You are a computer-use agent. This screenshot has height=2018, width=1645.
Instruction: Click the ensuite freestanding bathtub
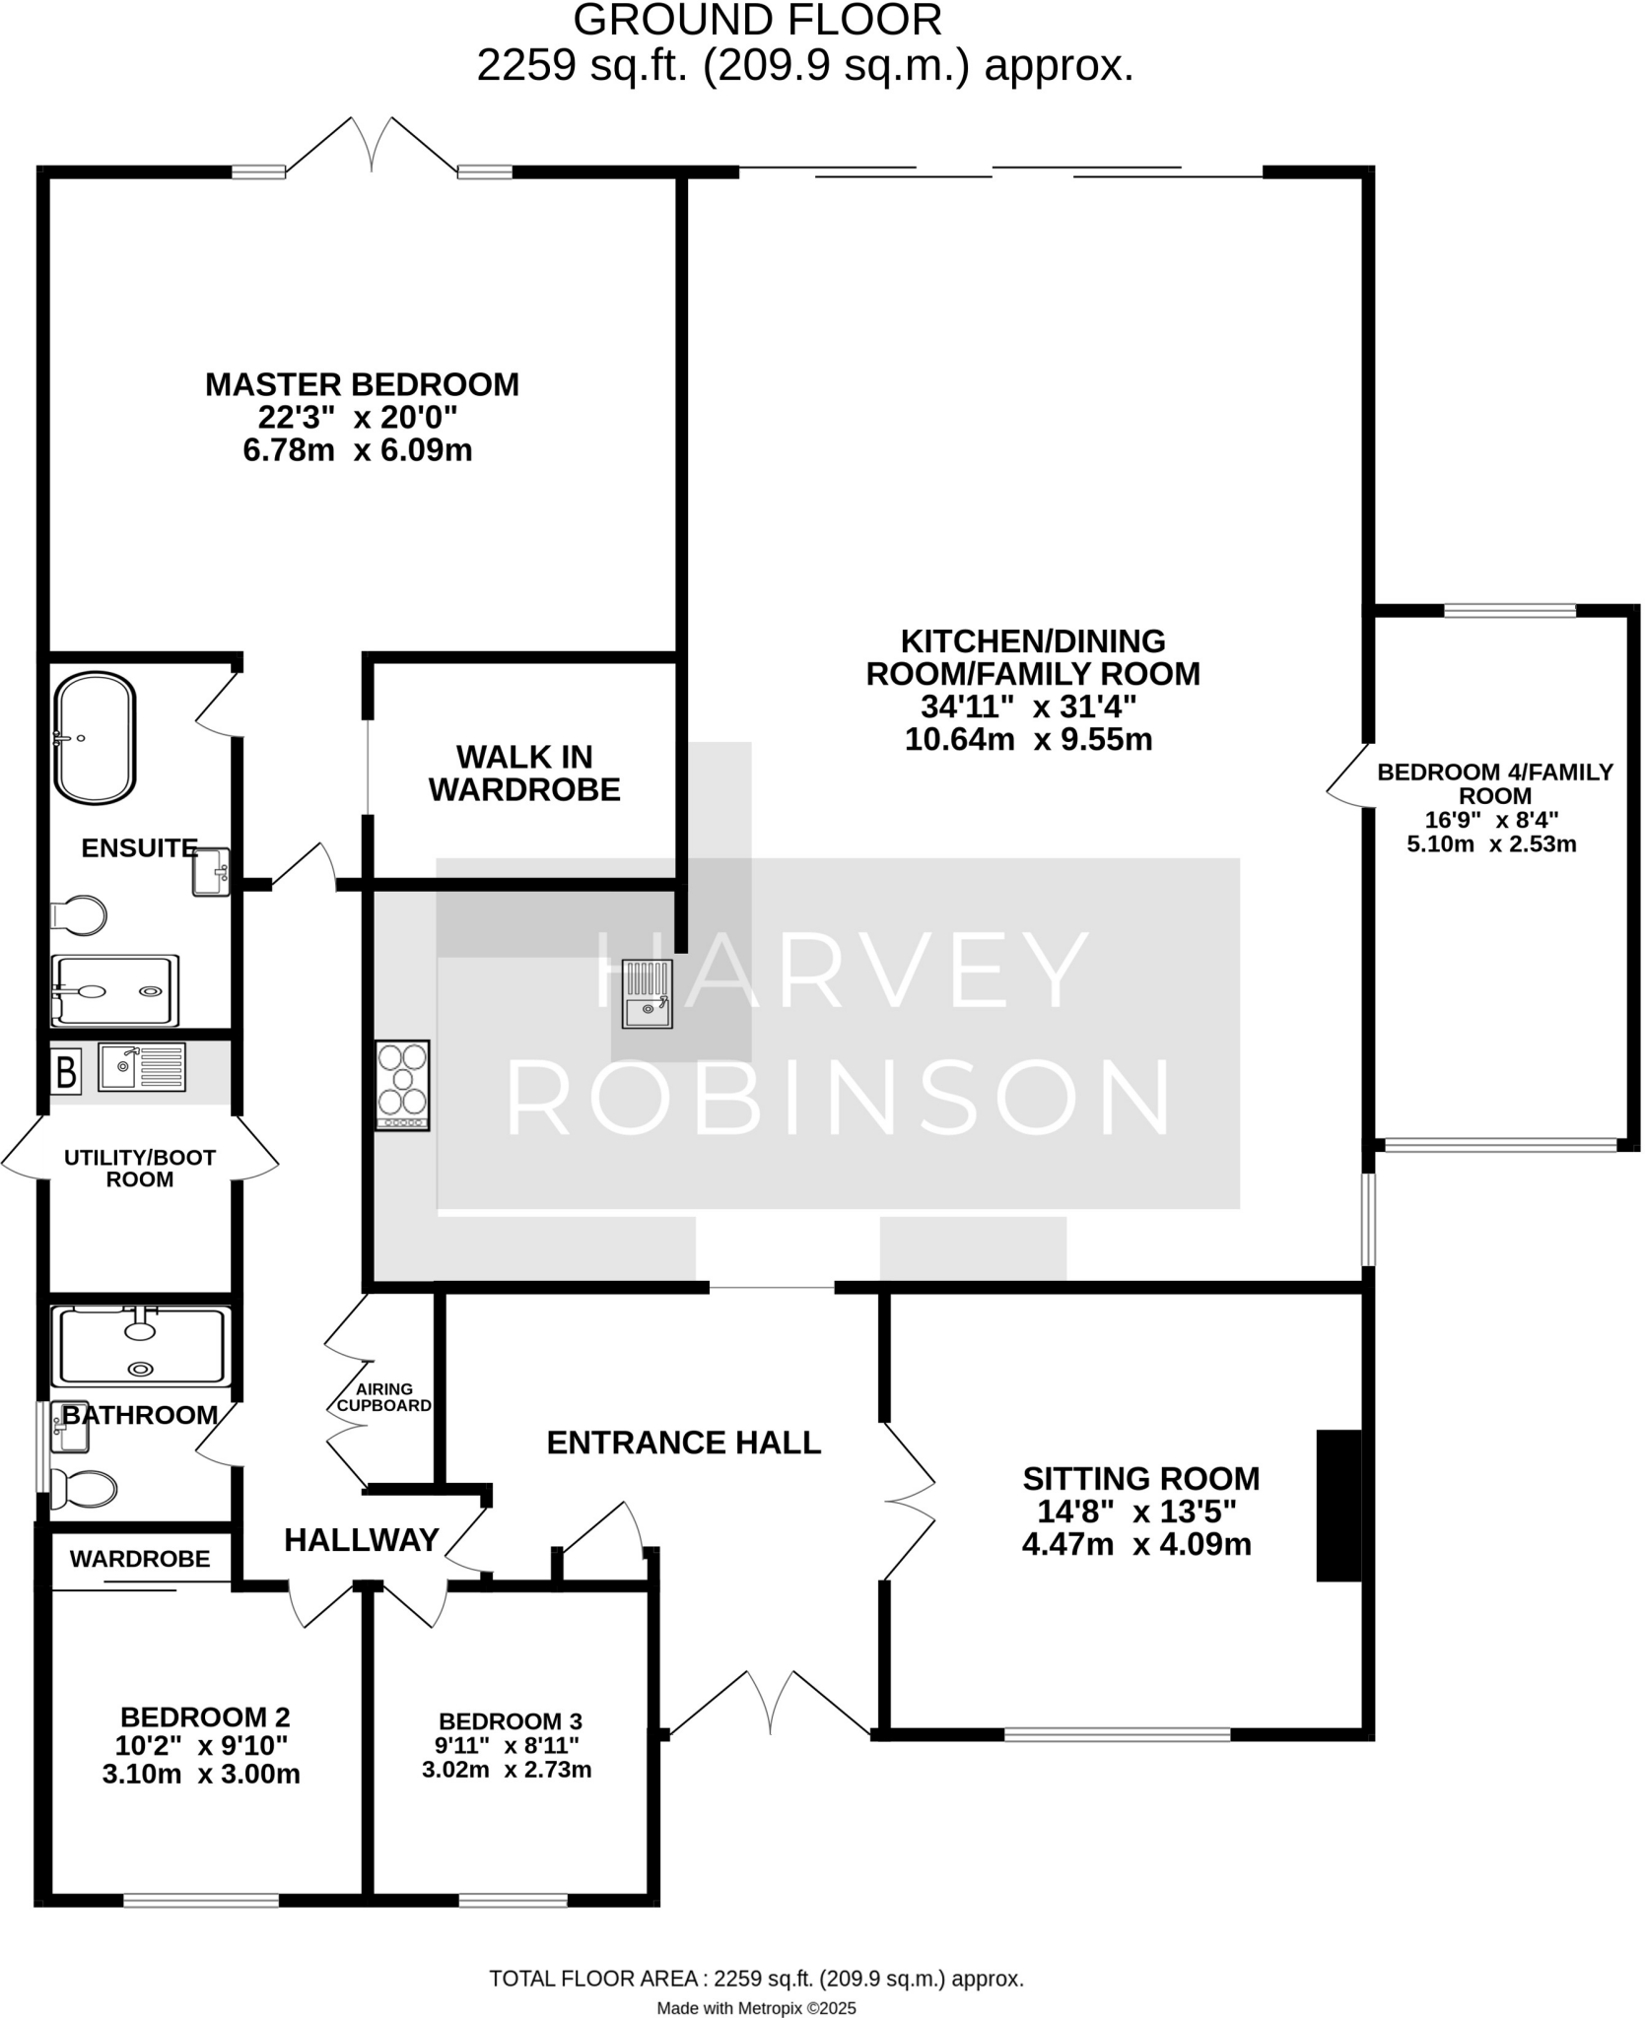(x=95, y=738)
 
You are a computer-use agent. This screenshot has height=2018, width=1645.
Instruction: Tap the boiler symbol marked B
(x=66, y=1072)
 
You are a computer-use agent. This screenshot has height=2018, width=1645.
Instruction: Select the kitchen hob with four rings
(x=402, y=1085)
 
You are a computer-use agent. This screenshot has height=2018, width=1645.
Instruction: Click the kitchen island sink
(x=648, y=993)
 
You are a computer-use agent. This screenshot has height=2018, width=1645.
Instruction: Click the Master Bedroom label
(x=362, y=384)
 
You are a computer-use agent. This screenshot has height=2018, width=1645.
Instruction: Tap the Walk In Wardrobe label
(x=524, y=774)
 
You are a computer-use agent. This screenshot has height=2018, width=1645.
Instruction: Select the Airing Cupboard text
(x=384, y=1397)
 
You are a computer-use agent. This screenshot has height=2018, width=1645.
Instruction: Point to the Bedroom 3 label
(x=511, y=1721)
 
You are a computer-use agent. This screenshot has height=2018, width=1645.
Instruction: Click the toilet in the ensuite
(x=79, y=915)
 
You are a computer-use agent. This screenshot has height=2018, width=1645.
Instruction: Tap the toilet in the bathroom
(x=83, y=1489)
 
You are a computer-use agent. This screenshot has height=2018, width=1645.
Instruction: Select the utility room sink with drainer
(x=142, y=1068)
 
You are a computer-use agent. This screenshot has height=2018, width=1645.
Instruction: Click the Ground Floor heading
(x=757, y=22)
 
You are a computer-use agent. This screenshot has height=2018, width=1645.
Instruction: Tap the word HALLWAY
(x=362, y=1540)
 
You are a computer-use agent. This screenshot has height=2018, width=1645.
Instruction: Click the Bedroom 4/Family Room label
(x=1495, y=784)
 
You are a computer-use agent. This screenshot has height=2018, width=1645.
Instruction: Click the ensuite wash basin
(x=211, y=872)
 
